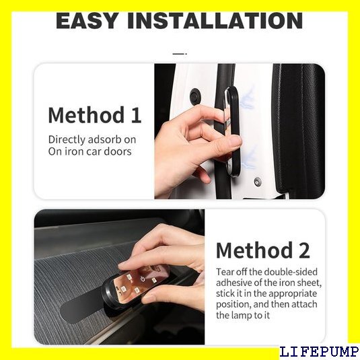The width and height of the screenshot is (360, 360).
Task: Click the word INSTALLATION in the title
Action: pyautogui.click(x=215, y=21)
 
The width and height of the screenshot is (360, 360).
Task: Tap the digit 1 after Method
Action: pyautogui.click(x=136, y=115)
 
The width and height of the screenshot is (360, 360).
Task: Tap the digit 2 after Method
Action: pyautogui.click(x=304, y=250)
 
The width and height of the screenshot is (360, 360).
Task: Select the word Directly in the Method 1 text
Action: pyautogui.click(x=67, y=140)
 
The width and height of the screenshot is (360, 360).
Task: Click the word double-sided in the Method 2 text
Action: pyautogui.click(x=291, y=272)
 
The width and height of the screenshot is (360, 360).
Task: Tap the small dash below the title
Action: pyautogui.click(x=180, y=53)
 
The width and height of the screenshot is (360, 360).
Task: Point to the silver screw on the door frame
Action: pyautogui.click(x=258, y=182)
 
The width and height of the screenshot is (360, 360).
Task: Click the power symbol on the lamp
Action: pyautogui.click(x=143, y=279)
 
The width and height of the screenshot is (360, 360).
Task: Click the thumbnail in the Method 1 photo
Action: pyautogui.click(x=235, y=142)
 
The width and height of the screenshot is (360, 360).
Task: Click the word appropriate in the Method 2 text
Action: pyautogui.click(x=293, y=294)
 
